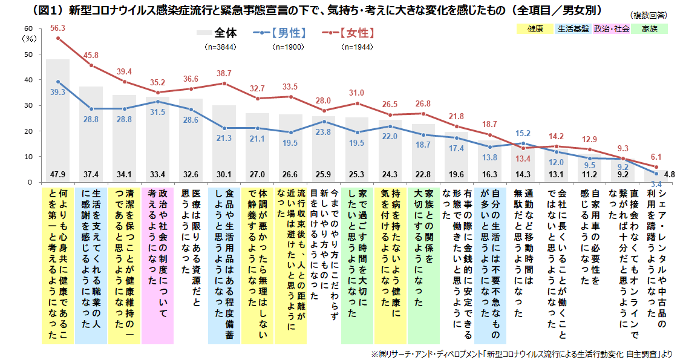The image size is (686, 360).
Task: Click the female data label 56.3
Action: pyautogui.click(x=58, y=28)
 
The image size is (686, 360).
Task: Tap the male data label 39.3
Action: pyautogui.click(x=58, y=92)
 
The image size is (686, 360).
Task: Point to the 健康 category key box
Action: pyautogui.click(x=535, y=28)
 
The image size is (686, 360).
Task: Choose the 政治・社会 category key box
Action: pyautogui.click(x=612, y=28)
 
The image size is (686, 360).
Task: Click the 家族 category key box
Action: pyautogui.click(x=650, y=28)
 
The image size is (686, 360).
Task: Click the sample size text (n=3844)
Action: pyautogui.click(x=218, y=47)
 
